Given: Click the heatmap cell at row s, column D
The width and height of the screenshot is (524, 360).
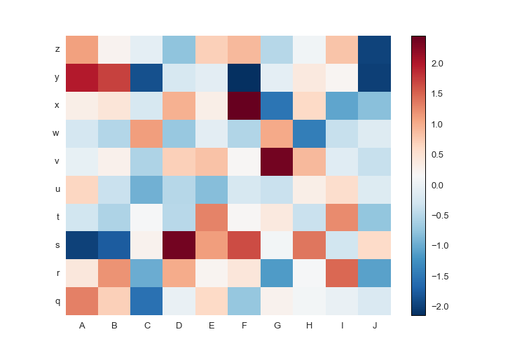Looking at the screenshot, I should (x=179, y=245).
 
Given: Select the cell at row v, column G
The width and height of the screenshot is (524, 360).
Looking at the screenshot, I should (x=277, y=161).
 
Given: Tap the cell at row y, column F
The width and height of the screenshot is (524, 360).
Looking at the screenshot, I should (x=244, y=77).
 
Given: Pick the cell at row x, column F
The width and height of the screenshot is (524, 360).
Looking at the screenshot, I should (x=244, y=105).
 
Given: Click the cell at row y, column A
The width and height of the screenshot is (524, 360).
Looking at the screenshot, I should (x=82, y=77).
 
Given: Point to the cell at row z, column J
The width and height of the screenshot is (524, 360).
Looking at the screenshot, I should (x=375, y=49).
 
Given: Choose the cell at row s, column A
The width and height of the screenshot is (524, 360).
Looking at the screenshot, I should (x=82, y=245).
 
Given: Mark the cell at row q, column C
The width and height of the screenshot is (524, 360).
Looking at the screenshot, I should (x=147, y=301).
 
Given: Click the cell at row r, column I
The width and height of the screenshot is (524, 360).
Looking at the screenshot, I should (x=342, y=273).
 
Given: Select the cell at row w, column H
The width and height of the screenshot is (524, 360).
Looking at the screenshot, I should (x=310, y=133).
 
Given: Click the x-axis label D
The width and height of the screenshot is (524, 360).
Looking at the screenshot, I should (x=179, y=325).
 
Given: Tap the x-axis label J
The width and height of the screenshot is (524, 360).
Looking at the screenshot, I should (x=375, y=325).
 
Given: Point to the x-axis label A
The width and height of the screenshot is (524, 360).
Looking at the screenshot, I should (x=82, y=325).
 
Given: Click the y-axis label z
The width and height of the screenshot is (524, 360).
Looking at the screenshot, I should (x=57, y=49).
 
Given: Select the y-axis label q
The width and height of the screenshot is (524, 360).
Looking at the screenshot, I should (x=57, y=301).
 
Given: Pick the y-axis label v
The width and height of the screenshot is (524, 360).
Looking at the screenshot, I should (x=57, y=161).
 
